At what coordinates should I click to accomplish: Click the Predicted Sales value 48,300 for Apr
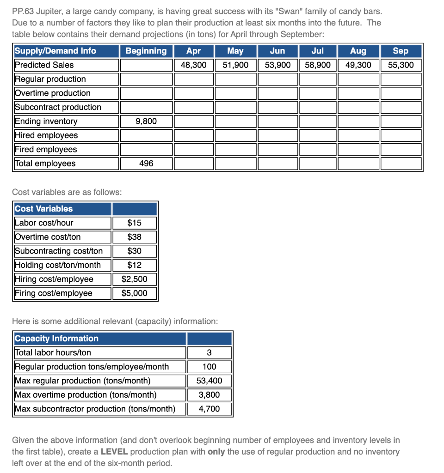pyautogui.click(x=193, y=65)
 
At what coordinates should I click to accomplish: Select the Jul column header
pyautogui.click(x=317, y=51)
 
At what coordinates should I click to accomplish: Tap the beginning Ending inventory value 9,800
pyautogui.click(x=146, y=121)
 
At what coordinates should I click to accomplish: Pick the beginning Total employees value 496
pyautogui.click(x=146, y=164)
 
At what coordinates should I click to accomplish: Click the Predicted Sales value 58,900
pyautogui.click(x=317, y=65)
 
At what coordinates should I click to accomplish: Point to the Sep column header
pyautogui.click(x=400, y=51)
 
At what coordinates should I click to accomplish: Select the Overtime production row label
pyautogui.click(x=53, y=93)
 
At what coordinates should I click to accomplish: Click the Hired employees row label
pyautogui.click(x=46, y=135)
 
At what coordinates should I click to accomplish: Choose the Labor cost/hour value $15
pyautogui.click(x=134, y=223)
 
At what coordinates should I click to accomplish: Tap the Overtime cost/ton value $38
pyautogui.click(x=134, y=237)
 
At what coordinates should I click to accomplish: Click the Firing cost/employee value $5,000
pyautogui.click(x=134, y=293)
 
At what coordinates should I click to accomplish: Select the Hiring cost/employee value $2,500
pyautogui.click(x=134, y=279)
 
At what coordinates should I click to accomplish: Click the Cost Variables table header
pyautogui.click(x=44, y=209)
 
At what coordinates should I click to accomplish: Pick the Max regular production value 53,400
pyautogui.click(x=209, y=381)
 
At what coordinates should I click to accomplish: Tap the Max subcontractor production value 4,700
pyautogui.click(x=209, y=409)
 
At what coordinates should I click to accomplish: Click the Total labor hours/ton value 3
pyautogui.click(x=209, y=353)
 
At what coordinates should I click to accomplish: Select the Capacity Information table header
pyautogui.click(x=56, y=339)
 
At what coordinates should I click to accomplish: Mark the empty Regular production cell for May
pyautogui.click(x=235, y=79)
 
